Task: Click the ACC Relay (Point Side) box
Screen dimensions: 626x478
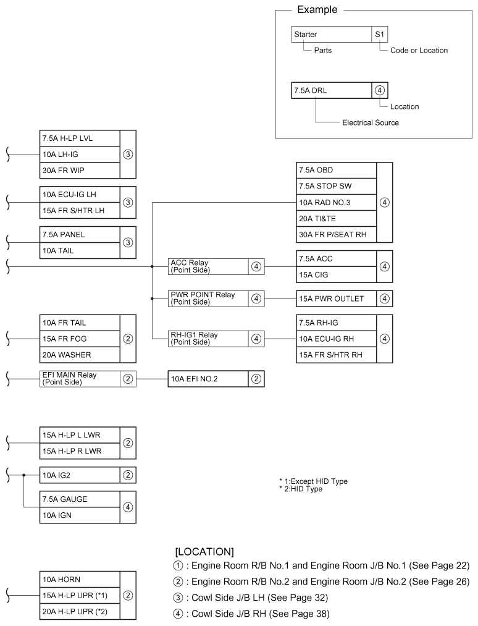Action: pyautogui.click(x=208, y=266)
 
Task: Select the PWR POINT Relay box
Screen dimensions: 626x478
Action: pyautogui.click(x=208, y=298)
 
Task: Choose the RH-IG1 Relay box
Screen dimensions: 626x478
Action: pyautogui.click(x=208, y=338)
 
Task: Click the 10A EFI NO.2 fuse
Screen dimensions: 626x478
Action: pyautogui.click(x=208, y=379)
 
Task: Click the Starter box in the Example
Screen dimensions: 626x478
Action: pyautogui.click(x=330, y=35)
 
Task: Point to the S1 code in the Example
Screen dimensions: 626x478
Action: pyautogui.click(x=379, y=35)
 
